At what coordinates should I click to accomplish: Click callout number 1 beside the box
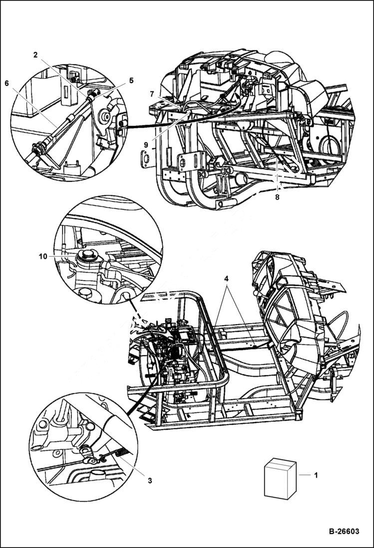[316, 475]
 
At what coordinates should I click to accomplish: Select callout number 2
[35, 55]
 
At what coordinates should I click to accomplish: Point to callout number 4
[227, 278]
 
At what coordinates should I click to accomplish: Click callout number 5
[131, 80]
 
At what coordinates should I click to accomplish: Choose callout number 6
[7, 83]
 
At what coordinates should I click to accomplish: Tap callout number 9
[146, 144]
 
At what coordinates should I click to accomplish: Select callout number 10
[43, 256]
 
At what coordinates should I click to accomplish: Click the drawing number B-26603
[337, 532]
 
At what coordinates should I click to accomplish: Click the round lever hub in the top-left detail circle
[106, 118]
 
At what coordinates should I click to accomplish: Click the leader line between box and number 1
[304, 475]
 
